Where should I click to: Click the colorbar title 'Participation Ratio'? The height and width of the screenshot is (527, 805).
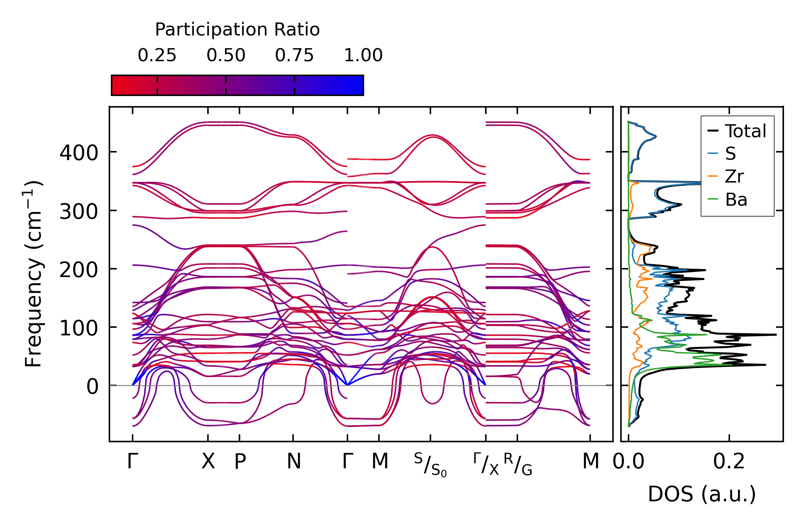pyautogui.click(x=237, y=30)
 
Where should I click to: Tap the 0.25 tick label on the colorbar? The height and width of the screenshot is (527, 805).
pyautogui.click(x=157, y=55)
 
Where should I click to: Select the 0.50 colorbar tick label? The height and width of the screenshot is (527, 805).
pyautogui.click(x=226, y=55)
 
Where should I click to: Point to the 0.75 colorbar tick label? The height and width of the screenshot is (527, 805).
pyautogui.click(x=294, y=55)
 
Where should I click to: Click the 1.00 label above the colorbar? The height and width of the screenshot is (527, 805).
pyautogui.click(x=363, y=55)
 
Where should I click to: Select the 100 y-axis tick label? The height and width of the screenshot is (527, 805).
pyautogui.click(x=79, y=328)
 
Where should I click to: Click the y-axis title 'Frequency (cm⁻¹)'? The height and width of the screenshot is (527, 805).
pyautogui.click(x=33, y=274)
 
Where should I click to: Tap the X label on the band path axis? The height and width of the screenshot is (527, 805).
pyautogui.click(x=208, y=461)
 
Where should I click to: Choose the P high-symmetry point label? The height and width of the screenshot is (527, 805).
pyautogui.click(x=240, y=461)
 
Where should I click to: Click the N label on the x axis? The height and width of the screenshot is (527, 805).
pyautogui.click(x=293, y=461)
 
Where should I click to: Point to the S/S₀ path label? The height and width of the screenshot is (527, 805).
pyautogui.click(x=430, y=465)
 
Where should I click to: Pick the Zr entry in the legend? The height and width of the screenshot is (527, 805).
pyautogui.click(x=734, y=176)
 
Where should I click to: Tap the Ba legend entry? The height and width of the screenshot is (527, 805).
pyautogui.click(x=736, y=200)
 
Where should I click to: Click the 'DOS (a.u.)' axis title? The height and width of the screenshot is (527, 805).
pyautogui.click(x=702, y=494)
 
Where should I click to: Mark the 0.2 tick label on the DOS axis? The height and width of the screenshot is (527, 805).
pyautogui.click(x=729, y=461)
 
